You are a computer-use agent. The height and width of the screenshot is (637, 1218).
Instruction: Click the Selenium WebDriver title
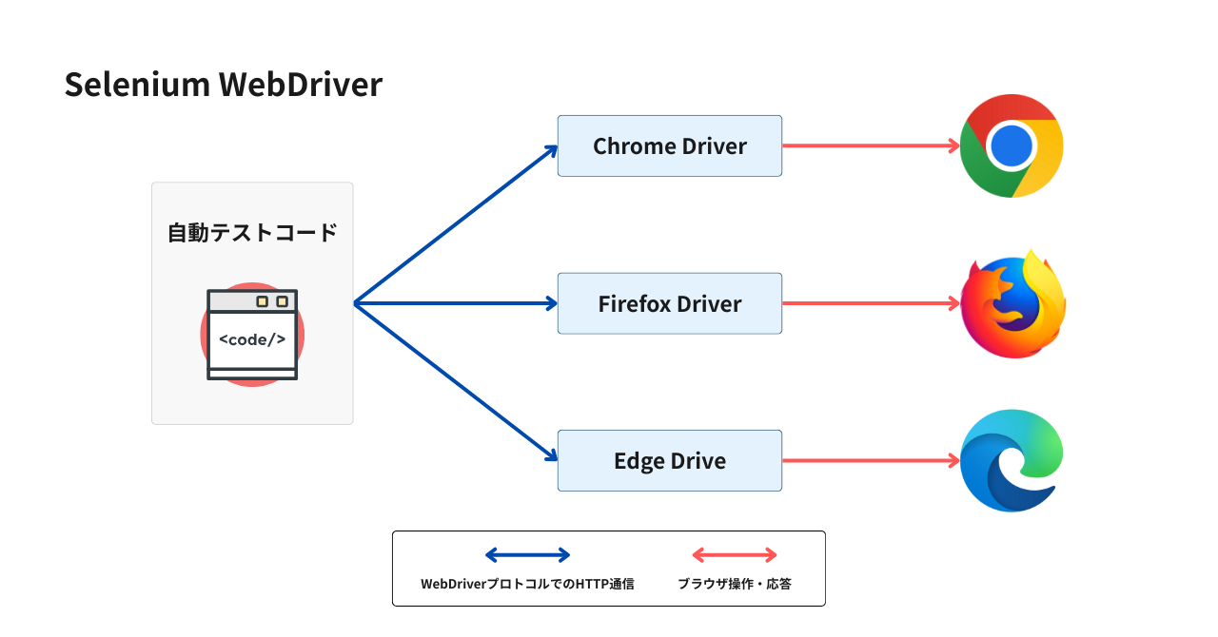pyautogui.click(x=223, y=85)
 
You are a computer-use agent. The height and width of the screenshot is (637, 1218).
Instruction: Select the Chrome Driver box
pyautogui.click(x=669, y=146)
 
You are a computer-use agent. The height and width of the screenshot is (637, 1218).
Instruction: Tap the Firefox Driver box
pyautogui.click(x=669, y=303)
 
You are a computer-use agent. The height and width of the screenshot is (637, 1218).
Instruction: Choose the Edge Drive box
pyautogui.click(x=669, y=461)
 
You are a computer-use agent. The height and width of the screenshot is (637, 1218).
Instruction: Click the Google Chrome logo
pyautogui.click(x=1011, y=146)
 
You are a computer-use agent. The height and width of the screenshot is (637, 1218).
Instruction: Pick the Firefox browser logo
pyautogui.click(x=1012, y=304)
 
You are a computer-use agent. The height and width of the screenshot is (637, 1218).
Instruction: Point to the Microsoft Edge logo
pyautogui.click(x=1011, y=461)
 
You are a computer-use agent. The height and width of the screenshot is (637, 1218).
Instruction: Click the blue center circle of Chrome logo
pyautogui.click(x=1011, y=146)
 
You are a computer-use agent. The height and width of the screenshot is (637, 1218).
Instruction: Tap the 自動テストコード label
pyautogui.click(x=252, y=232)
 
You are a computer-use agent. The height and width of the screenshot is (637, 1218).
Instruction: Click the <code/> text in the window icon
pyautogui.click(x=252, y=339)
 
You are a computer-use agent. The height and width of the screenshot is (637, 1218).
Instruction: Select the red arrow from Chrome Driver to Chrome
pyautogui.click(x=870, y=146)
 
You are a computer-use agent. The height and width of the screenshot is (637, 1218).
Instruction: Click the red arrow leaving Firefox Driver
pyautogui.click(x=870, y=303)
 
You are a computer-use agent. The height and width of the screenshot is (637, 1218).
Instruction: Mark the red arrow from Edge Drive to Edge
pyautogui.click(x=870, y=461)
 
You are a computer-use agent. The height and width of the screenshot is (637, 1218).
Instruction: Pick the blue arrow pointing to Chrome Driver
pyautogui.click(x=455, y=225)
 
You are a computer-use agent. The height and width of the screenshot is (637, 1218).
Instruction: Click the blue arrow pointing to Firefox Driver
pyautogui.click(x=455, y=303)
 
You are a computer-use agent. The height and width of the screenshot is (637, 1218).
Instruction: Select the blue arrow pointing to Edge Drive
pyautogui.click(x=455, y=382)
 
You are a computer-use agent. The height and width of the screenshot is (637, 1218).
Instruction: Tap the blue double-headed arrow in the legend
pyautogui.click(x=527, y=555)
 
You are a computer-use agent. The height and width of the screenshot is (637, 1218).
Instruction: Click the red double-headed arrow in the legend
pyautogui.click(x=734, y=555)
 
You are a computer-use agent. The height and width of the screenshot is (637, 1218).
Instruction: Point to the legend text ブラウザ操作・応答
pyautogui.click(x=734, y=584)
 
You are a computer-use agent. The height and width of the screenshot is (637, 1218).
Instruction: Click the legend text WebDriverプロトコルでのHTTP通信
pyautogui.click(x=527, y=584)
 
